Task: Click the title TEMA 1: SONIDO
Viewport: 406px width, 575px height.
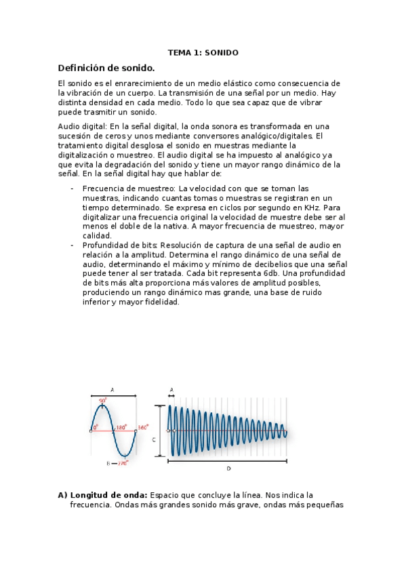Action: pos(203,52)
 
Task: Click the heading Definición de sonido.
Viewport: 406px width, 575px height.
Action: pos(106,68)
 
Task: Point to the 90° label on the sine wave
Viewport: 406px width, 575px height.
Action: pos(103,401)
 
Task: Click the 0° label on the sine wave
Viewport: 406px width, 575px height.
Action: pos(96,428)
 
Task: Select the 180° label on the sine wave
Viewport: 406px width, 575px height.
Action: pos(121,428)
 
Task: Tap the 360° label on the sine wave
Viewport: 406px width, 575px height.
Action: pos(142,428)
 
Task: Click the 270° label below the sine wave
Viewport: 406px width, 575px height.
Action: pos(123,464)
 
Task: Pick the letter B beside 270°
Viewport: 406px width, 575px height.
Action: pos(108,464)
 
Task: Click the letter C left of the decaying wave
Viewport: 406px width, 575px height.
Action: pos(154,439)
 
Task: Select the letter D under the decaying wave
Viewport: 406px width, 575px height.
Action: pos(228,468)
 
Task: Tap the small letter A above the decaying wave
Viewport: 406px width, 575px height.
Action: pos(171,389)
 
